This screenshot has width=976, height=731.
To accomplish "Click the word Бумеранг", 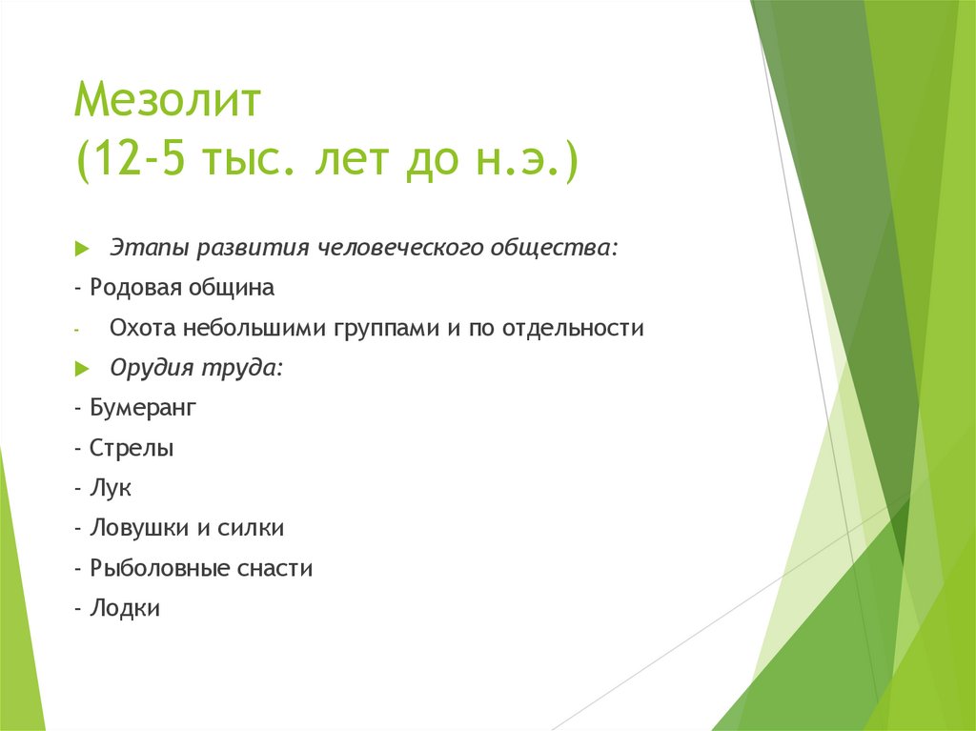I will (143, 408).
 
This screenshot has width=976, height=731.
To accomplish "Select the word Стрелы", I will (132, 448).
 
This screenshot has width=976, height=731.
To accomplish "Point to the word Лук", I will (111, 488).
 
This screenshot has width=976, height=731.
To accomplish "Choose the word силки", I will (253, 528).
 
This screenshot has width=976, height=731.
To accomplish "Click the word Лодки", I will (125, 608).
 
